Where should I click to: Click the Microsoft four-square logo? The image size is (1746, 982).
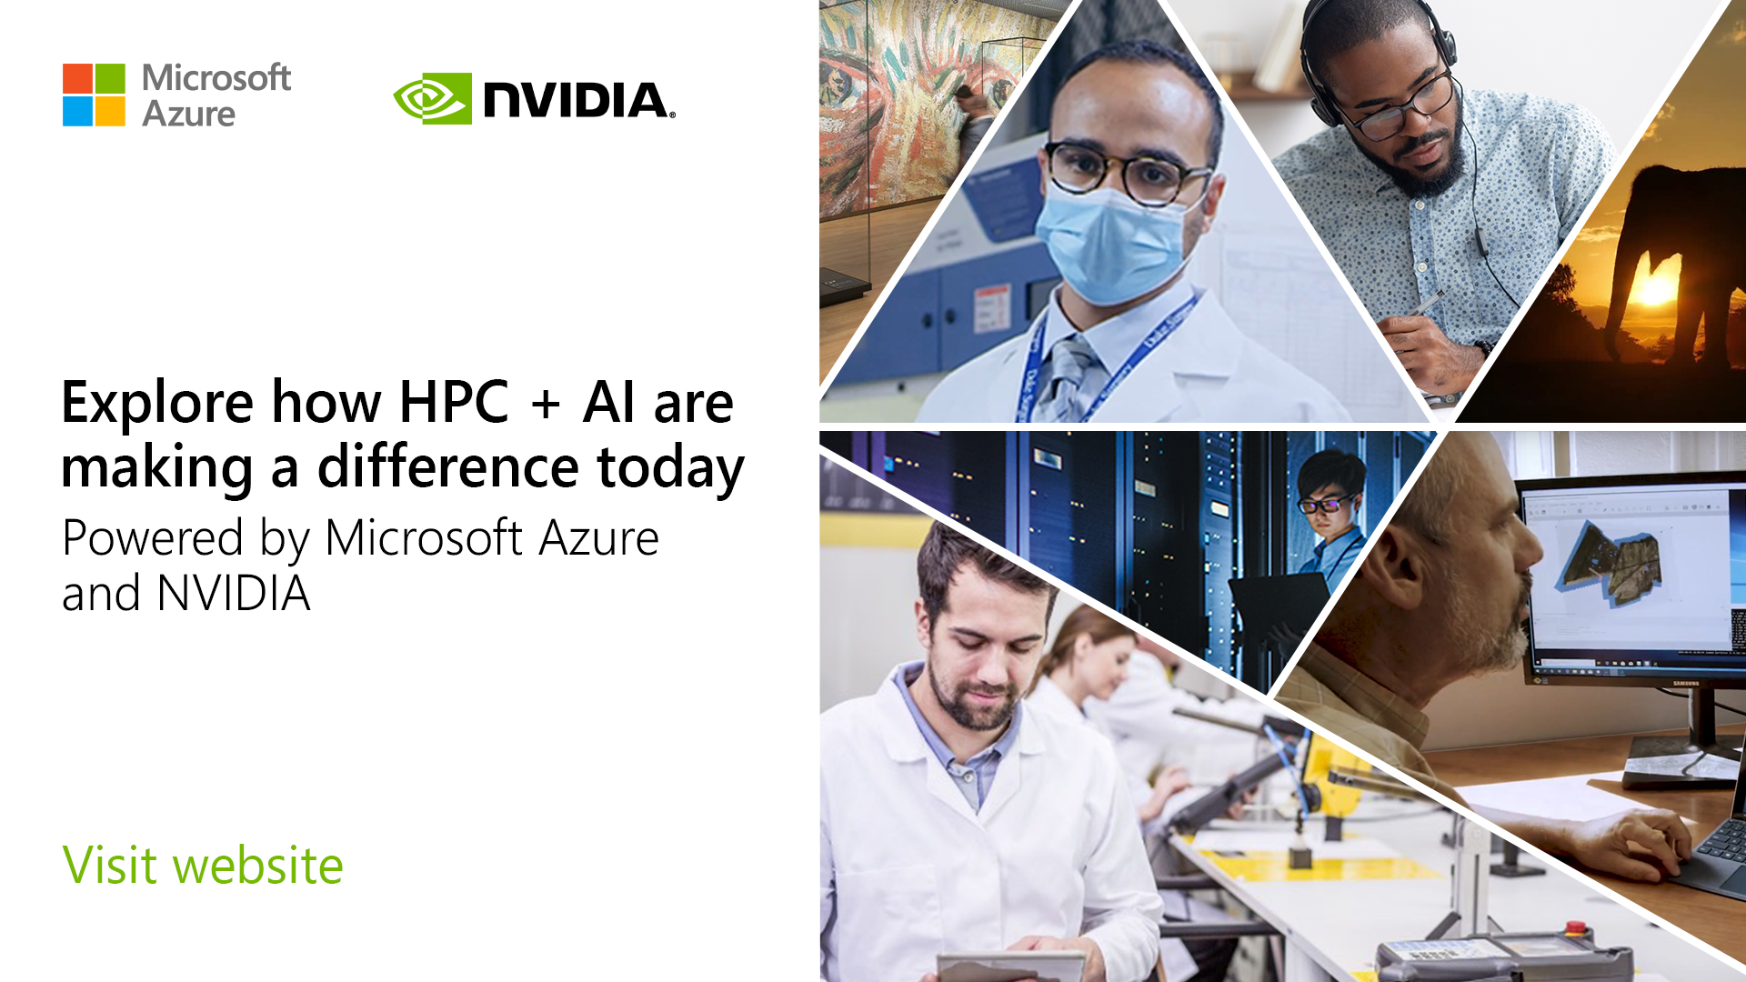tap(94, 95)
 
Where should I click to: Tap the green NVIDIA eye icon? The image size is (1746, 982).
tap(432, 98)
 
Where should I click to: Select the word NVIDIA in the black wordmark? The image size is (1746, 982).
tap(577, 99)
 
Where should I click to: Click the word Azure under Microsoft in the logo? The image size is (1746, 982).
tap(188, 115)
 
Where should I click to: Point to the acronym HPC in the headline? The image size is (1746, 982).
tap(454, 402)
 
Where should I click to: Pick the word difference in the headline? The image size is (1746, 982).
tap(447, 467)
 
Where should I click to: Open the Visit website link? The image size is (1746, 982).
tap(203, 865)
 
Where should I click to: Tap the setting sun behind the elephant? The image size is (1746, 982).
tap(1652, 290)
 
